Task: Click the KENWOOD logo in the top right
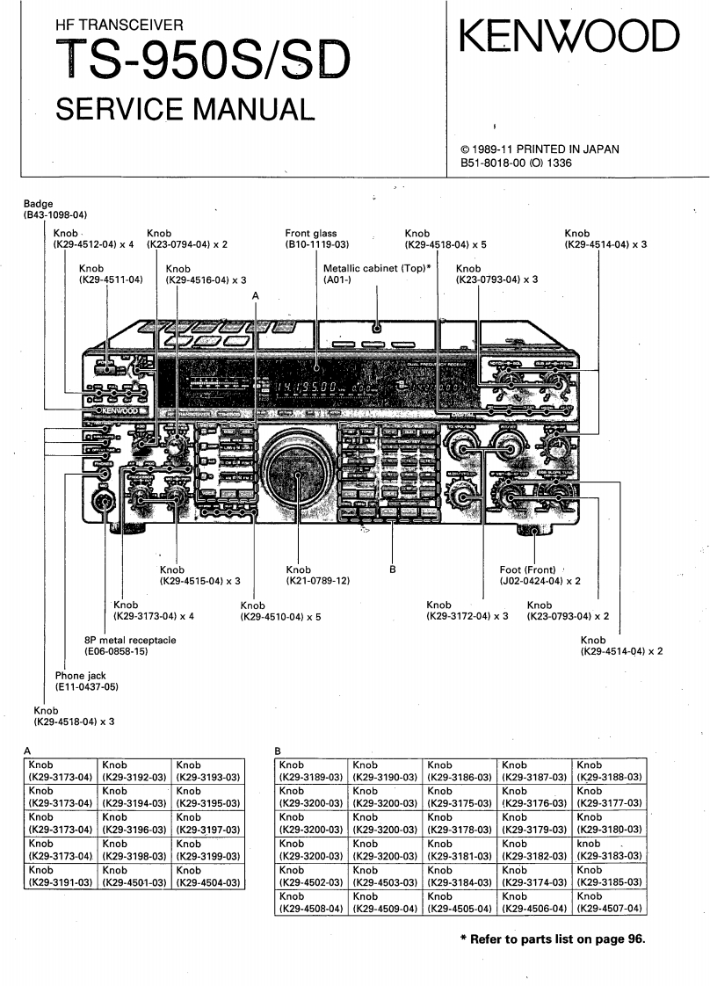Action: coord(569,38)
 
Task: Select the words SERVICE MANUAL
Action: coord(184,109)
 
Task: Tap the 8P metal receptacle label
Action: coord(130,640)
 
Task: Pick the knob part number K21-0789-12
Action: coord(317,581)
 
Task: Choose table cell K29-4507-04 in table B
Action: coord(610,904)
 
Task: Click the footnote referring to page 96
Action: coord(553,939)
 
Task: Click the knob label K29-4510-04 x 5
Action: coord(280,617)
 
